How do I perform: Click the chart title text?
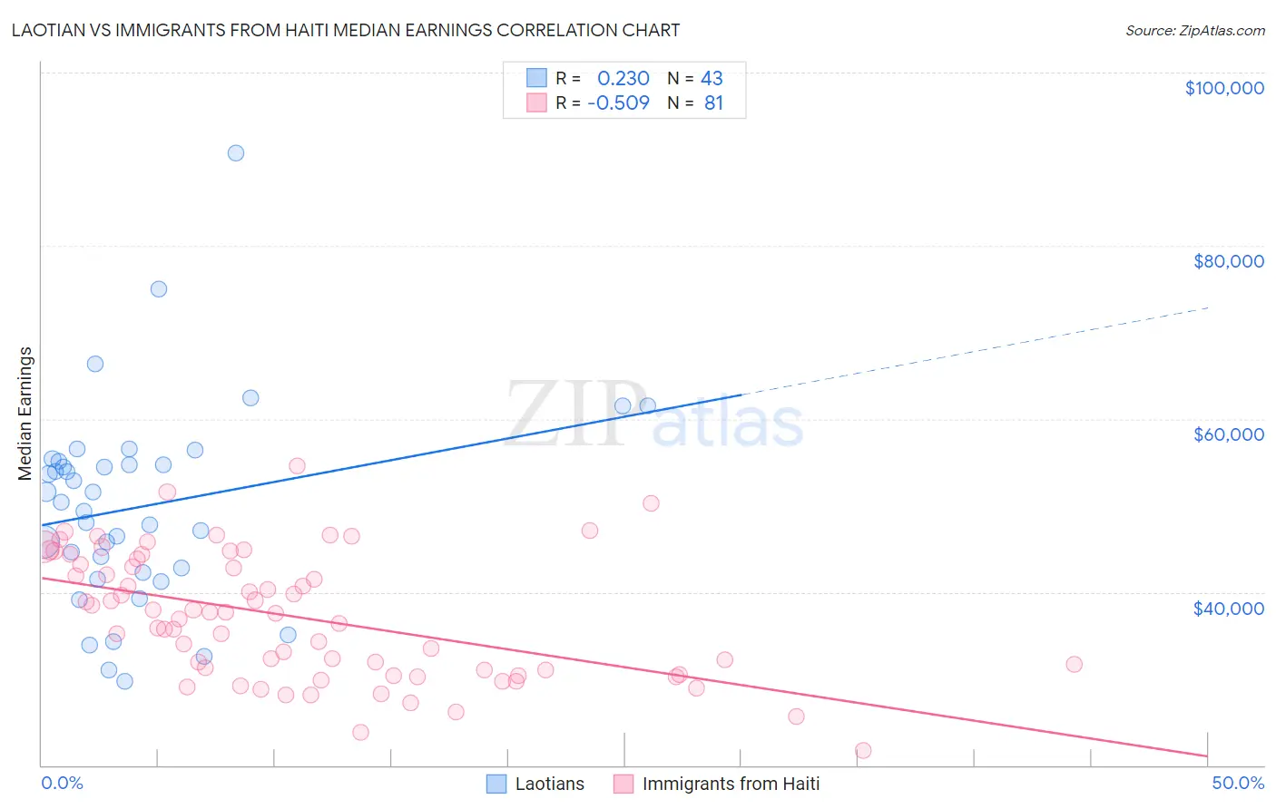(x=346, y=30)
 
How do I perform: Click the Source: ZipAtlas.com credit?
(x=1194, y=30)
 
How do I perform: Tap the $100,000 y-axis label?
(x=1224, y=88)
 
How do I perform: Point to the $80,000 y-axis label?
(x=1228, y=261)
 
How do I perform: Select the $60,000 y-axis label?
(x=1228, y=434)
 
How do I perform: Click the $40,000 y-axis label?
(x=1228, y=608)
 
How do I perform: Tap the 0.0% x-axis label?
(x=62, y=783)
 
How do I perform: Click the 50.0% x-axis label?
(x=1237, y=783)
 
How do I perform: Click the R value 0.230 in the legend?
(x=623, y=78)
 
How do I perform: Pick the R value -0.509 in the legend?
(x=619, y=102)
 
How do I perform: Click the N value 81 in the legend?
(x=713, y=102)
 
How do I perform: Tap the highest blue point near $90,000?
(x=236, y=153)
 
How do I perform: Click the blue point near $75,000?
(x=159, y=289)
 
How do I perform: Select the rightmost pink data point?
(x=1074, y=664)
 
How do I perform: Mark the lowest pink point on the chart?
(x=863, y=750)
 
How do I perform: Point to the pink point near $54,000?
(x=297, y=466)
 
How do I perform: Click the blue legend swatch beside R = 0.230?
(x=536, y=78)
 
